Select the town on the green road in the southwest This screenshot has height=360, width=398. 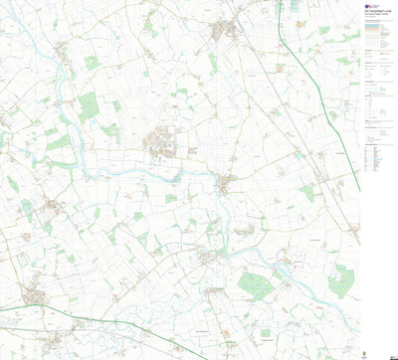tap(36, 295)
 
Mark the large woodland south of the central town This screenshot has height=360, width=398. tap(256, 287)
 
